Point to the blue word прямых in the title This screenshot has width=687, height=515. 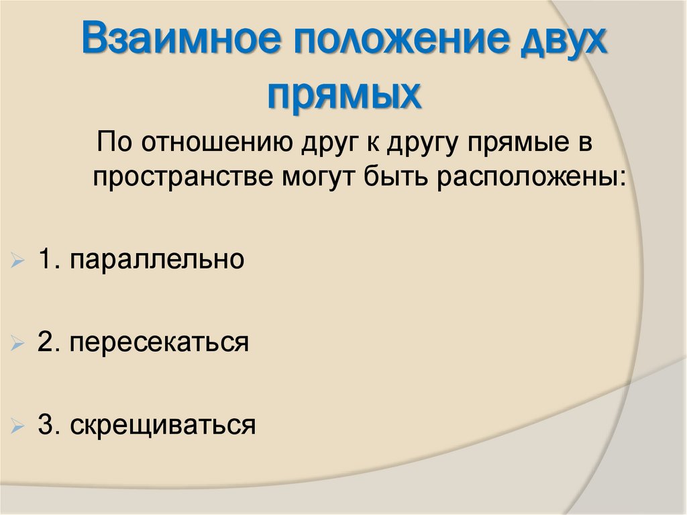(x=345, y=94)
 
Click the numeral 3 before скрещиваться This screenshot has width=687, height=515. (x=45, y=425)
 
